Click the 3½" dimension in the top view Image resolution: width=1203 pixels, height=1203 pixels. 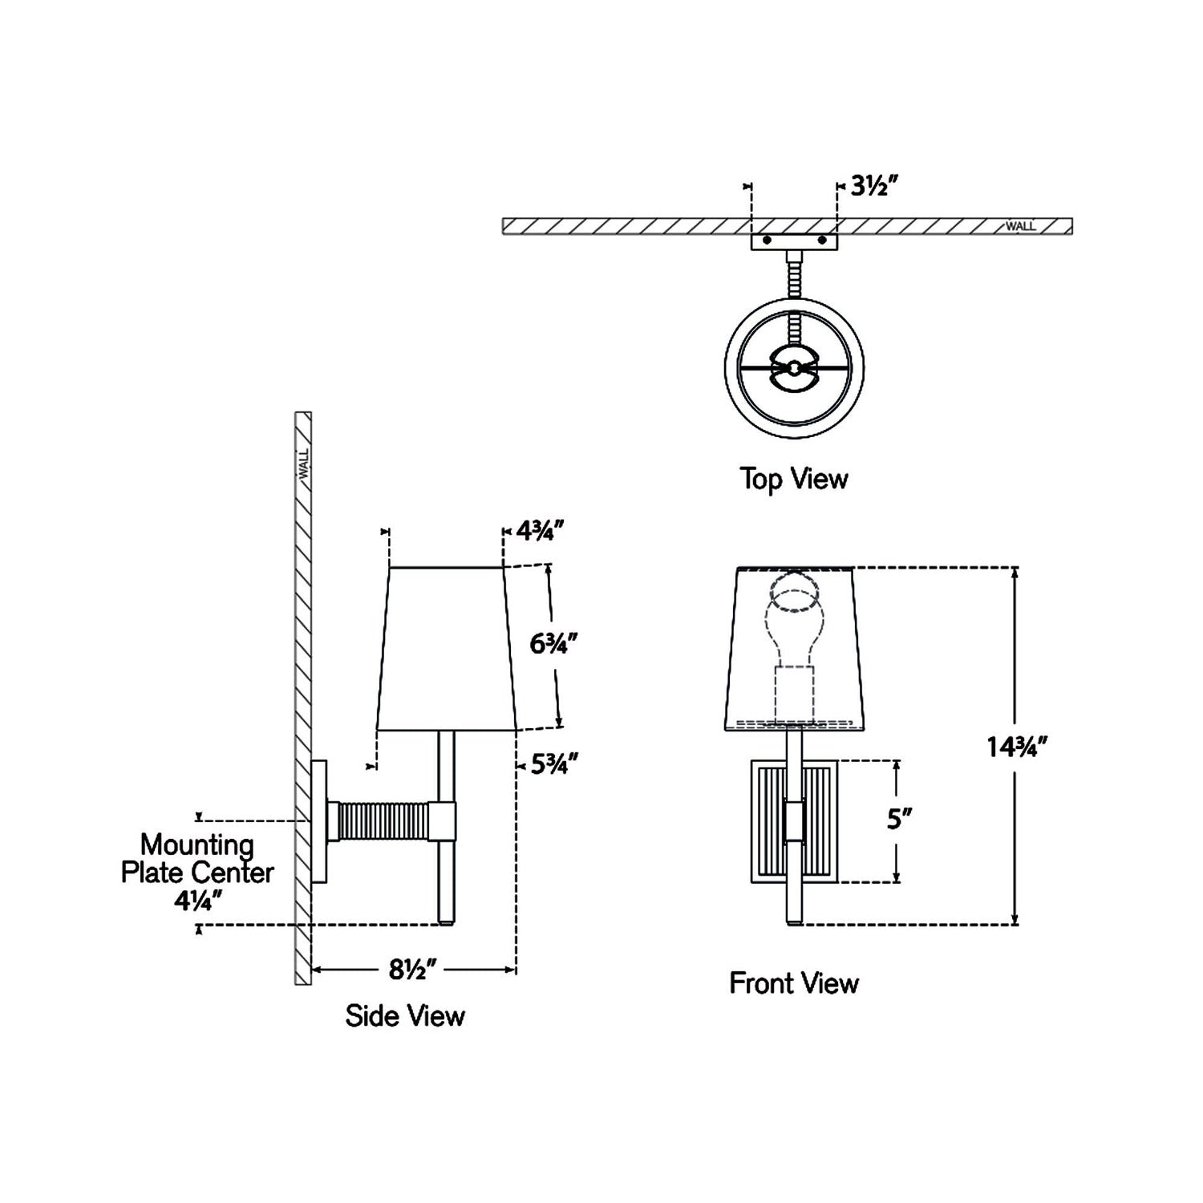tap(873, 187)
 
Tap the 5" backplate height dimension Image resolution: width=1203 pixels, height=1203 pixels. tap(900, 820)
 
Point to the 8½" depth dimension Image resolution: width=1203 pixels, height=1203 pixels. tap(412, 970)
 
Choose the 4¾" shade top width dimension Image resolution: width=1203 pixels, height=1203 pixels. tap(541, 530)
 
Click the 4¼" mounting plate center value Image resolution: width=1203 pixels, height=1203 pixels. tap(197, 901)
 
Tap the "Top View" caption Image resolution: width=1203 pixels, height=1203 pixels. tap(793, 480)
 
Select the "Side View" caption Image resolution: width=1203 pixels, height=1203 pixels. tap(405, 1016)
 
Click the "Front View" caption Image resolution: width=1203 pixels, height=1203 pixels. tap(793, 983)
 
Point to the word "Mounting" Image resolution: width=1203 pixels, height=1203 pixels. tap(197, 845)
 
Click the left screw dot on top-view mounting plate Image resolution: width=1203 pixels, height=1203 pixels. tap(768, 240)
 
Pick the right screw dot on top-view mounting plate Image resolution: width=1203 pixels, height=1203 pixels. tap(821, 240)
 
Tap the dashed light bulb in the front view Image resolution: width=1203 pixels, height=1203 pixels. tap(793, 622)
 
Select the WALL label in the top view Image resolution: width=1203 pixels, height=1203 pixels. tap(1020, 226)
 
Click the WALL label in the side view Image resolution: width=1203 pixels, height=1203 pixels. tap(304, 464)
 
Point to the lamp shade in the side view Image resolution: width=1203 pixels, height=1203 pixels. tap(445, 648)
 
